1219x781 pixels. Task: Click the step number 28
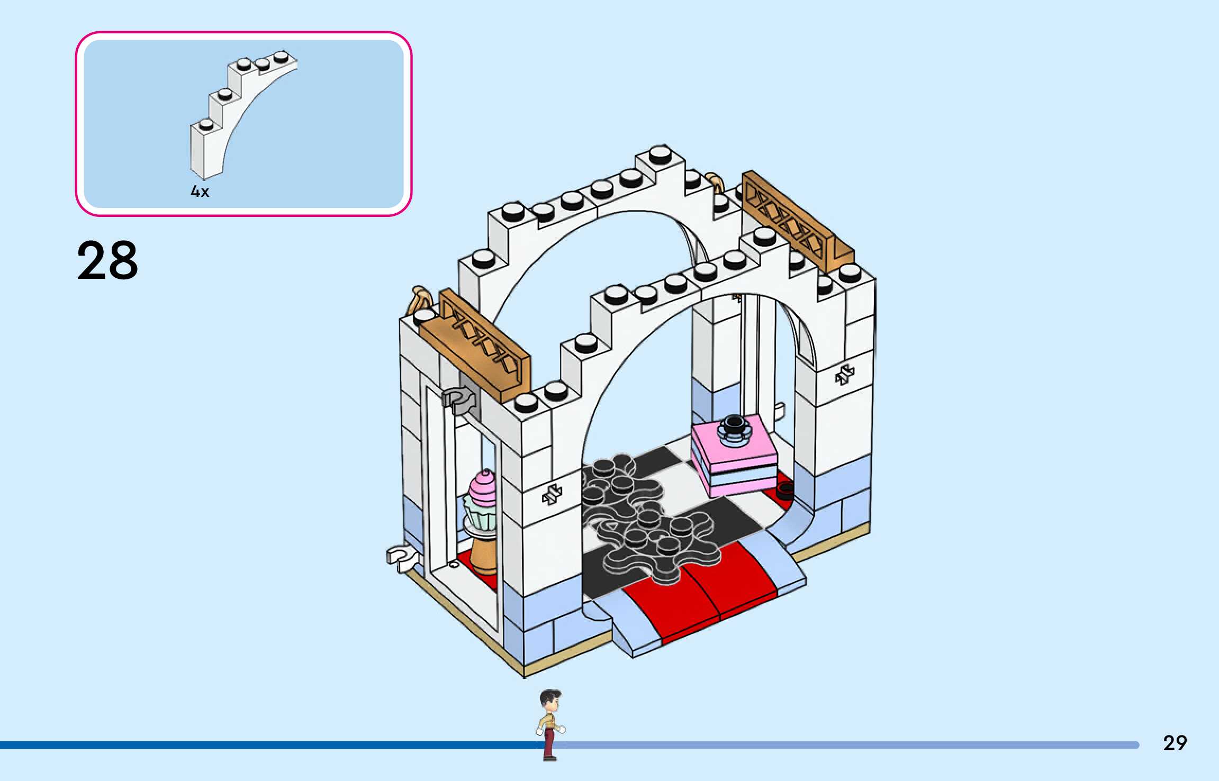(107, 260)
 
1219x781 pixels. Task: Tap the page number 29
(1175, 743)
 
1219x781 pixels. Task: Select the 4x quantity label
(200, 192)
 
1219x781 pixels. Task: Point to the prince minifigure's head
(550, 701)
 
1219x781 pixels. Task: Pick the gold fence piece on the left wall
(484, 344)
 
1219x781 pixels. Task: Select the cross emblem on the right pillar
(844, 375)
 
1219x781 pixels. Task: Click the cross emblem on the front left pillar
(552, 495)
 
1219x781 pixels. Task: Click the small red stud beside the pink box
(785, 490)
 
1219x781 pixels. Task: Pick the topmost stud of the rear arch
(660, 155)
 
